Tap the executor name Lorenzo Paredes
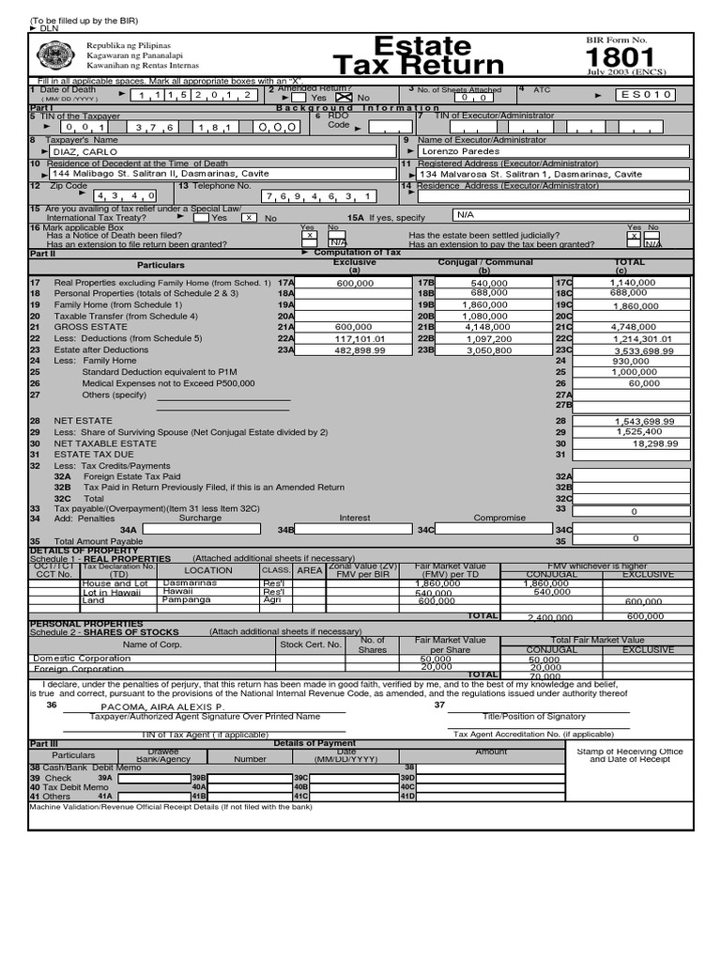click(x=459, y=150)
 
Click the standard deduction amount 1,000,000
click(x=636, y=372)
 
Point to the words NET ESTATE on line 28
click(x=84, y=421)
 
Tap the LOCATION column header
click(x=208, y=570)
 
